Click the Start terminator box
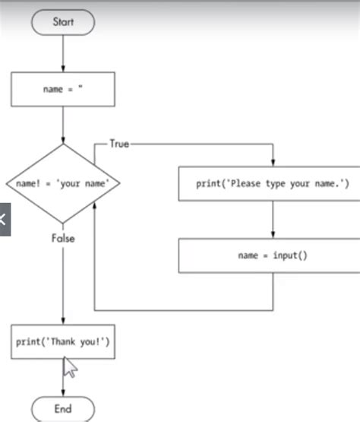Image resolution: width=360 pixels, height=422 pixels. pos(62,22)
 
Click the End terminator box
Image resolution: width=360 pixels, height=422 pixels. pos(62,408)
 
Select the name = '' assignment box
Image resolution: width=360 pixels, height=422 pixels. pos(62,89)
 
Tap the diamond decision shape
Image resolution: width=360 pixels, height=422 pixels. pos(62,183)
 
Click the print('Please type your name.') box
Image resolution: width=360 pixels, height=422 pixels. pos(272,184)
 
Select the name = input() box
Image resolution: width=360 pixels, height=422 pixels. pos(272,255)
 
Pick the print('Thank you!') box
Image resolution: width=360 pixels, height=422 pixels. pos(62,342)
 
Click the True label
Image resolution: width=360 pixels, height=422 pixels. pos(119,143)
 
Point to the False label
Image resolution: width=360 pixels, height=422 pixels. pos(63,238)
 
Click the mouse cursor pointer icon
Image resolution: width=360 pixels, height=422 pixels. pos(69,368)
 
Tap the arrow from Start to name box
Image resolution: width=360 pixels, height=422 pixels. pos(62,53)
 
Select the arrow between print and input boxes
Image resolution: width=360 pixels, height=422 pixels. pos(272,220)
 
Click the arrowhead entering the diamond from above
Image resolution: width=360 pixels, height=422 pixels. pos(62,139)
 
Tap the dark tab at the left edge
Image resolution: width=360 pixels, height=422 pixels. pos(4,221)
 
